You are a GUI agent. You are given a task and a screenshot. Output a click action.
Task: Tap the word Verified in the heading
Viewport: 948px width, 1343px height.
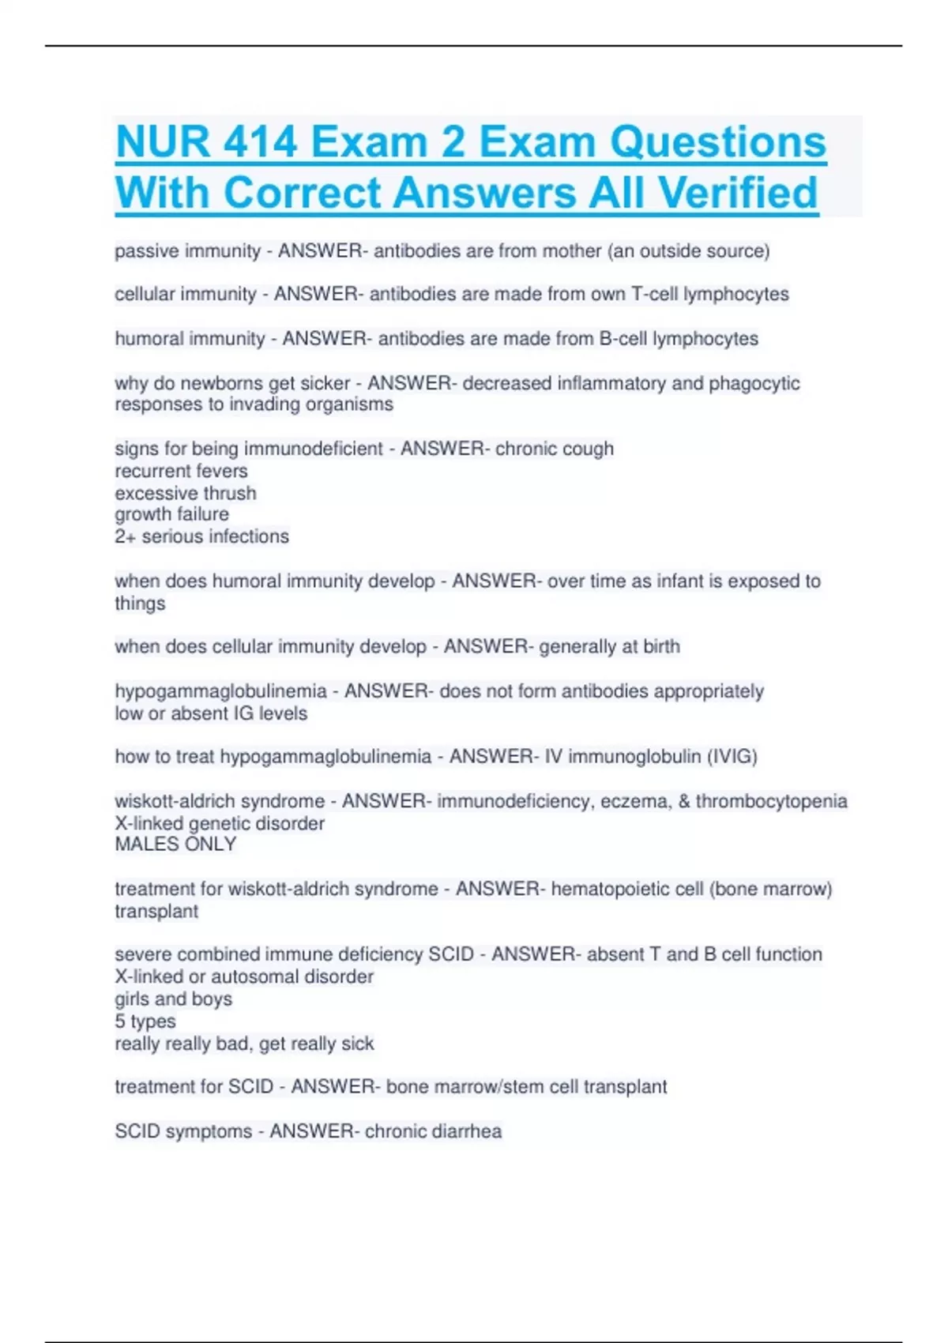coord(738,193)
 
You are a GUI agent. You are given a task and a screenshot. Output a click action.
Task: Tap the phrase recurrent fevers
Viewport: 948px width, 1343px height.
coord(181,471)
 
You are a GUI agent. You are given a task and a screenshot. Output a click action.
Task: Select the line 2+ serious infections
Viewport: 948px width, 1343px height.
coord(201,536)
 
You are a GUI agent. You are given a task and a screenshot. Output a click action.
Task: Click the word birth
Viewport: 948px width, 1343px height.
coord(661,646)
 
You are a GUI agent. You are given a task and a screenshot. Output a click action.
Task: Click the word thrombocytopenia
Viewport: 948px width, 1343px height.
coord(771,801)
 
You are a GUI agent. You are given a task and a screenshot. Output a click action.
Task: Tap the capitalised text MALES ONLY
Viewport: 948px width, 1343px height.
coord(175,845)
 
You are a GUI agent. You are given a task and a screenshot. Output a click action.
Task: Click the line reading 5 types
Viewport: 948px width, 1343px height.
coord(145,1021)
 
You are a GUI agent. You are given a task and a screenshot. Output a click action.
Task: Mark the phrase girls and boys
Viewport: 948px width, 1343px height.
coord(173,999)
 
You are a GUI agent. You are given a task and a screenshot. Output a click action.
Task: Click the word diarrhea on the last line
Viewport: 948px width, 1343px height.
coord(465,1131)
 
